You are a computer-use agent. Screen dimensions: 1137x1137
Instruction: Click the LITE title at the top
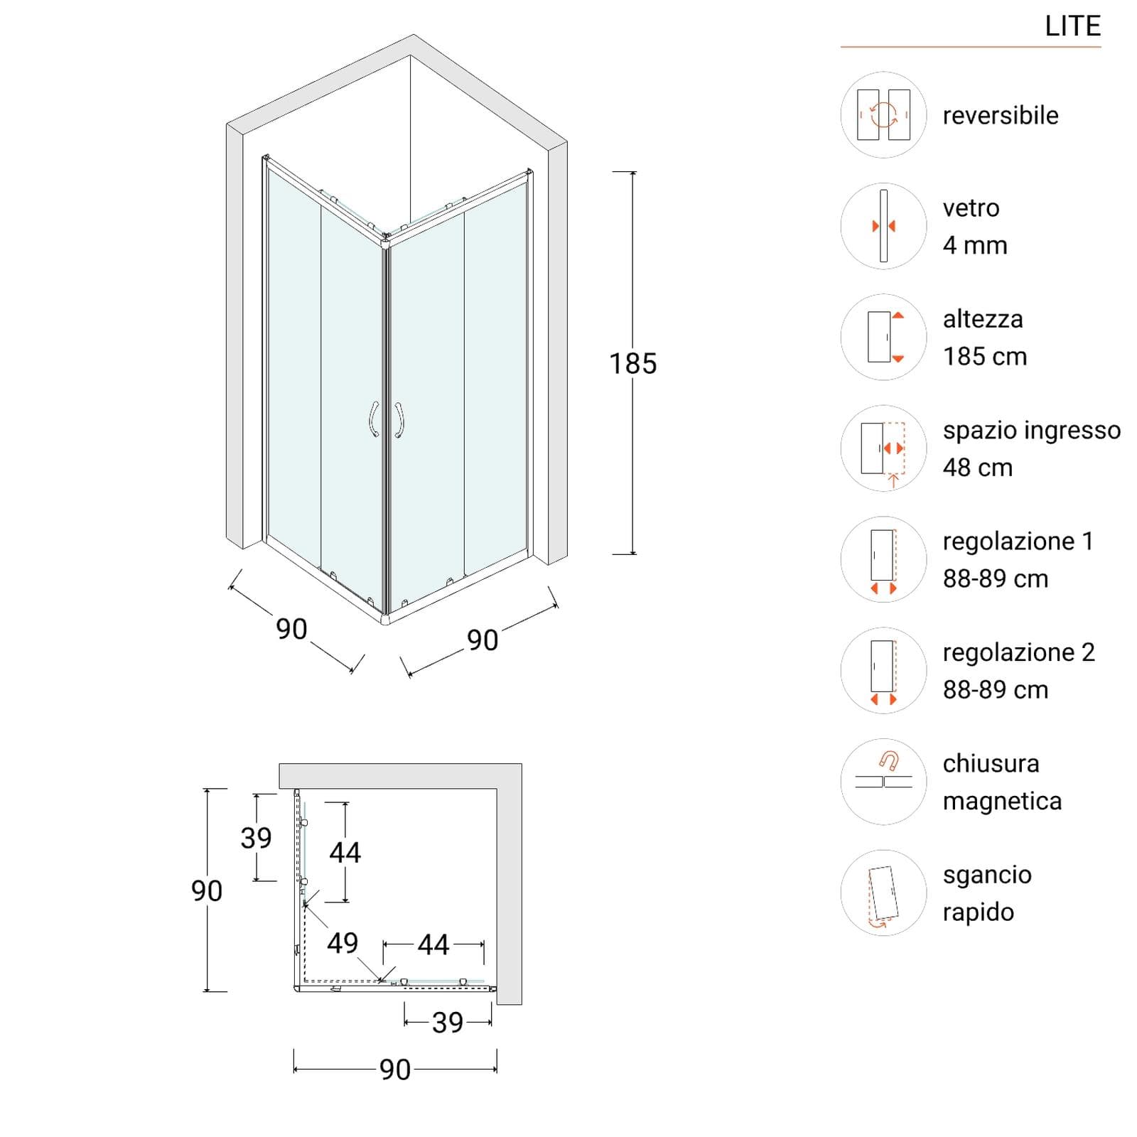[1072, 26]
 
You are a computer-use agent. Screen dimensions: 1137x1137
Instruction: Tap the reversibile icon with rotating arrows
[883, 114]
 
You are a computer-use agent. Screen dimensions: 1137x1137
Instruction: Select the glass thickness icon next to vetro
[883, 226]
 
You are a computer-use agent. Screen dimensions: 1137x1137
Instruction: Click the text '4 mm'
[975, 245]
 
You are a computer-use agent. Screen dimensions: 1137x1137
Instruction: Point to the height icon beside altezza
[883, 337]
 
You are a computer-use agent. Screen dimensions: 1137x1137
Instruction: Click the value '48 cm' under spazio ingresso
[978, 468]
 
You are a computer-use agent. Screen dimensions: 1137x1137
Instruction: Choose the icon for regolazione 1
[883, 559]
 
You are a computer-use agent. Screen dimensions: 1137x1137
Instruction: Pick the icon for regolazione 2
[883, 670]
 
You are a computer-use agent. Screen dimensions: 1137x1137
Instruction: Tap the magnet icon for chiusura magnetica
[883, 782]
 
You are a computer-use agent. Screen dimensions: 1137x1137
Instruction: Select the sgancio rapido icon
[883, 893]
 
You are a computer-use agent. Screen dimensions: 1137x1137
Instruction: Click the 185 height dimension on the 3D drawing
[633, 364]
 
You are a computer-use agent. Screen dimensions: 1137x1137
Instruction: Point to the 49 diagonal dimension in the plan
[343, 943]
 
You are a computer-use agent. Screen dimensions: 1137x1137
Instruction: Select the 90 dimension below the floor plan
[395, 1069]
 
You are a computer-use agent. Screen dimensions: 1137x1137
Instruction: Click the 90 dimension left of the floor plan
[207, 890]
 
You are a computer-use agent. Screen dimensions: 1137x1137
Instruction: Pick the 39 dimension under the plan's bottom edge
[448, 1023]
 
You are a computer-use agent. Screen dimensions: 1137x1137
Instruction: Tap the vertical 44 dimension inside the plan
[345, 852]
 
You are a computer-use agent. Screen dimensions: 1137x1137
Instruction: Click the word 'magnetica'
[1002, 801]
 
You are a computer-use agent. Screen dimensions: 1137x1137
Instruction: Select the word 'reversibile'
[1001, 115]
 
